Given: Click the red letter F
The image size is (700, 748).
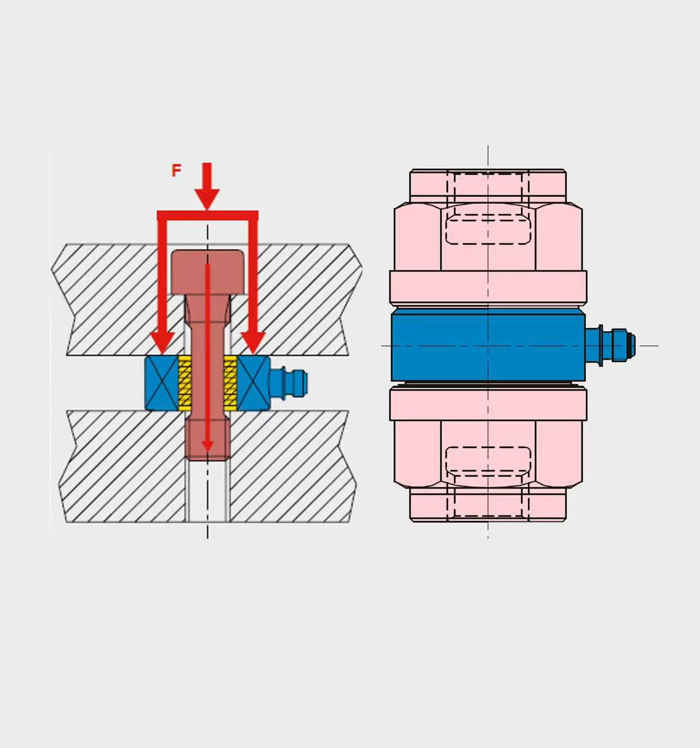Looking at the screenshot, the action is (x=176, y=170).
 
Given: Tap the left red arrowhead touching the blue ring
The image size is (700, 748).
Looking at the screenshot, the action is (x=162, y=343).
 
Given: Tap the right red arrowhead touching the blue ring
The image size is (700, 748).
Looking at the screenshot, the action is (x=253, y=343).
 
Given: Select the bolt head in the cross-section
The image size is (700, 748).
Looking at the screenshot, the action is (x=207, y=272).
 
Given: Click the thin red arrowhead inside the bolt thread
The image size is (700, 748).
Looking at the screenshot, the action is (x=207, y=446).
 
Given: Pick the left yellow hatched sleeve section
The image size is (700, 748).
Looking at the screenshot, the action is (x=185, y=383).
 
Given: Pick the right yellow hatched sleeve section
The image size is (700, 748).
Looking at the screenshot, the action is (x=230, y=383).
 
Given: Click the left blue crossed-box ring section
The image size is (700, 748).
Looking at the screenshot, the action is (x=162, y=383).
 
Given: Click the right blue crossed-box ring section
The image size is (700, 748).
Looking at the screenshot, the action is (x=253, y=383).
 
